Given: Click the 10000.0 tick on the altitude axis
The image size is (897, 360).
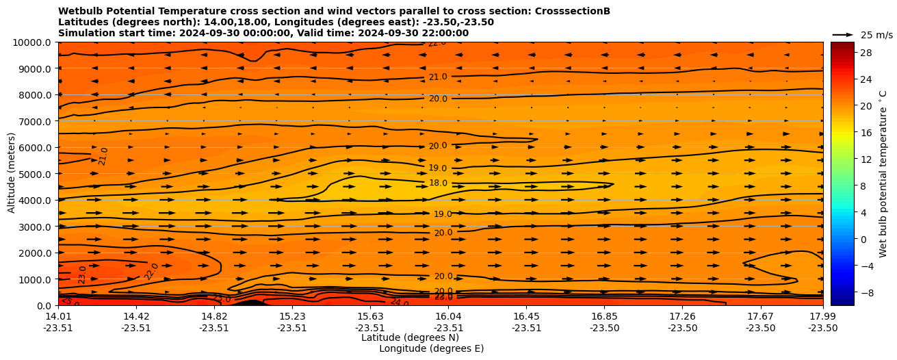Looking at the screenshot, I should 33,42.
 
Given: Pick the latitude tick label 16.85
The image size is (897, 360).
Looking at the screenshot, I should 605,316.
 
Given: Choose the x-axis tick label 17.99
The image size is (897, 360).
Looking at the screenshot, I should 822,316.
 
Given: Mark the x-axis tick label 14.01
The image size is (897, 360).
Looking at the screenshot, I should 58,316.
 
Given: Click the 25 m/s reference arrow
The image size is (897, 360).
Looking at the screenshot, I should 843,34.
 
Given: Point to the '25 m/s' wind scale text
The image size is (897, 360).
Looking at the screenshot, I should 876,35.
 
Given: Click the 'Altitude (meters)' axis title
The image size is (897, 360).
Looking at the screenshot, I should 12,174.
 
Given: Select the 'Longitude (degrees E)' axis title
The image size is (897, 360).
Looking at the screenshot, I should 431,348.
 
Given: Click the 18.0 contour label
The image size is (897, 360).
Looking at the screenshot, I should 438,183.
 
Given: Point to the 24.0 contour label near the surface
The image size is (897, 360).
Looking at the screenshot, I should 400,303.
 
